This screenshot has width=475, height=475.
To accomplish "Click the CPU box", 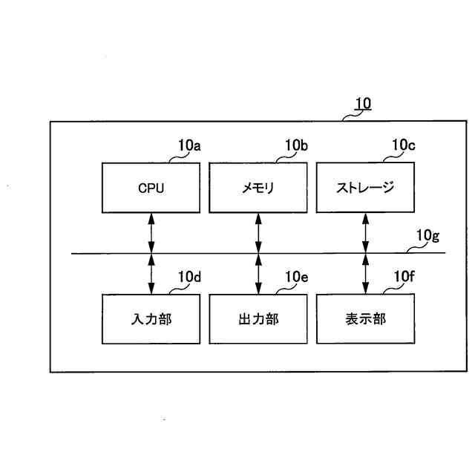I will (x=151, y=188).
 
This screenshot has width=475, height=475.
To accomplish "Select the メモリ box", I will (x=258, y=188).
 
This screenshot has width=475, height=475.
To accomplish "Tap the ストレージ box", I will (x=365, y=188).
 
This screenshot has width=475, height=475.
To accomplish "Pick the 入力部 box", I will (x=151, y=319).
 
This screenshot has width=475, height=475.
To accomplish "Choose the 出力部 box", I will (x=258, y=319).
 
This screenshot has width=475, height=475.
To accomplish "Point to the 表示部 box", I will (x=365, y=319).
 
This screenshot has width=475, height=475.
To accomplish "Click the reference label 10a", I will (x=189, y=146).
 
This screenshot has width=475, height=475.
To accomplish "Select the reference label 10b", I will (x=296, y=146).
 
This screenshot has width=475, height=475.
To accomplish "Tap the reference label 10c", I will (x=403, y=146).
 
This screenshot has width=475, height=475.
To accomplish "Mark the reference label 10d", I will (x=189, y=278).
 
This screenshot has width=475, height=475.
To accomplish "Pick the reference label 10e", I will (x=296, y=278).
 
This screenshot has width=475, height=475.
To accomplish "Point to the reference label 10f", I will (x=403, y=278).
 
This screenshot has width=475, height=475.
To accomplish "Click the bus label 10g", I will (x=427, y=237).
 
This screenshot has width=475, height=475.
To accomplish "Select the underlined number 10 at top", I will (x=362, y=105).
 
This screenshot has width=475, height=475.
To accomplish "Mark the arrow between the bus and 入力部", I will (x=151, y=274).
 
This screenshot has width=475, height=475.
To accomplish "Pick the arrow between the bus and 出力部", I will (x=258, y=274).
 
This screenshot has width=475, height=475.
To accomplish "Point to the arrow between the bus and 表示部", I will (x=365, y=274).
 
